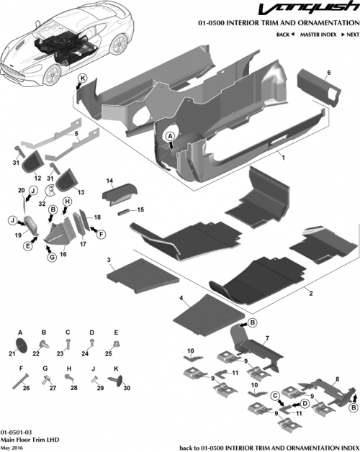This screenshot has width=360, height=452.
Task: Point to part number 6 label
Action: tap(328, 73)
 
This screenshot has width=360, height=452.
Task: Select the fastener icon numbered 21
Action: tap(21, 343)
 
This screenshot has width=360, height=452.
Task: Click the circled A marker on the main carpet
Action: tap(171, 135)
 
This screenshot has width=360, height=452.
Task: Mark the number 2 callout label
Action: tap(310, 294)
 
